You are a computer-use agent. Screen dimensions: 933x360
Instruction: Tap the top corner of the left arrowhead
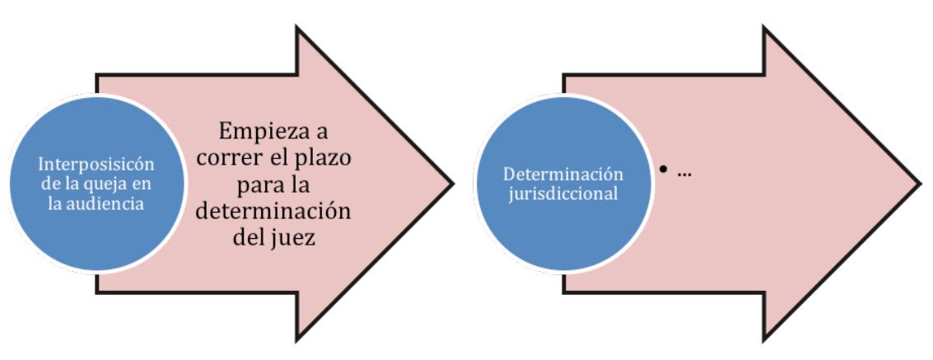[x=295, y=27]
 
